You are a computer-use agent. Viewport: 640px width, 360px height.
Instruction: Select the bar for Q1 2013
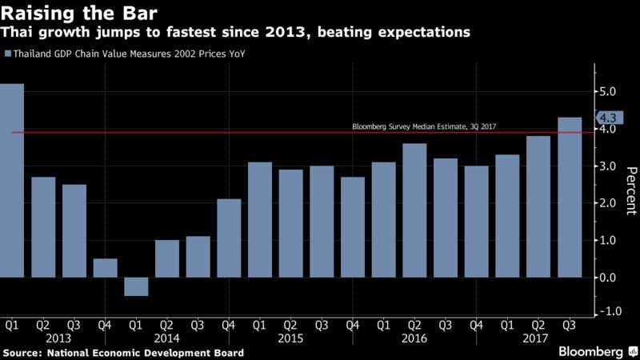point(12,180)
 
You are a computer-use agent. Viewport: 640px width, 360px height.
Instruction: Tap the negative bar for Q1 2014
point(136,286)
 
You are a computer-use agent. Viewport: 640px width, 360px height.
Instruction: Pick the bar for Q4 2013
point(105,268)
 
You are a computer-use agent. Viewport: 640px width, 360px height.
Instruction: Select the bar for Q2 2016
point(414,210)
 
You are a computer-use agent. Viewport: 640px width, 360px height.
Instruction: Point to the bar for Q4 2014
point(229,238)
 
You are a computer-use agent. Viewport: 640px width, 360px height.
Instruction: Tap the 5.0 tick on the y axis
point(606,92)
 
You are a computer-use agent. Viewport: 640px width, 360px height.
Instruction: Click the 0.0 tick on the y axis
point(606,278)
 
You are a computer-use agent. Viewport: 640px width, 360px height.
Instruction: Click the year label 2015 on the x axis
point(290,338)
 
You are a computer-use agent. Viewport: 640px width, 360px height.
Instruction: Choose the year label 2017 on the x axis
point(538,338)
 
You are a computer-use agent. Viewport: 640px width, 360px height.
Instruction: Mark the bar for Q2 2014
point(167,258)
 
